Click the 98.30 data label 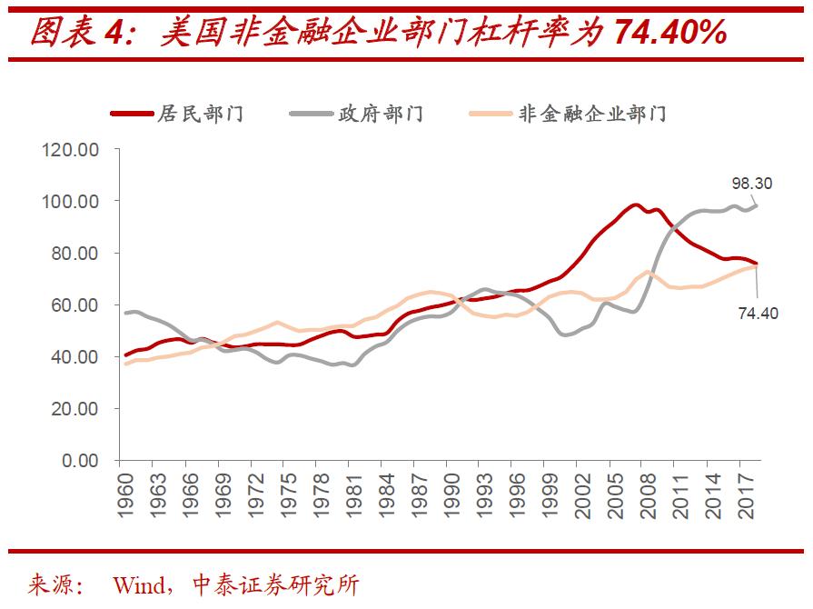(x=751, y=184)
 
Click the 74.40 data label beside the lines (x=758, y=314)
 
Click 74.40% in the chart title (x=669, y=34)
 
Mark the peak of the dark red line (x=635, y=205)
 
